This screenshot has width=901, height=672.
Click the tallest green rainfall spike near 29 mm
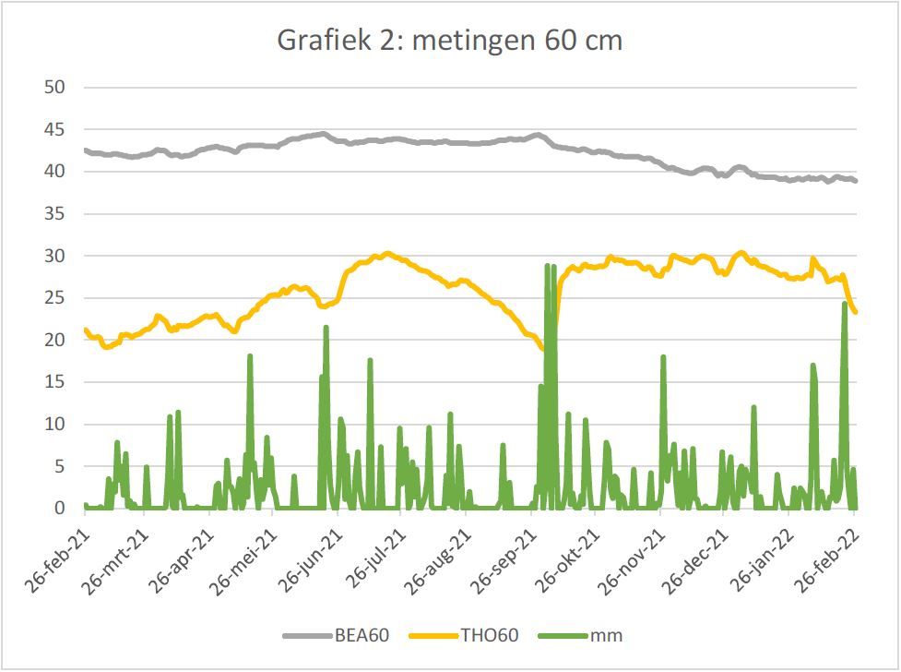point(549,267)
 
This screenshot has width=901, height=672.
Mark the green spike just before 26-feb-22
point(845,304)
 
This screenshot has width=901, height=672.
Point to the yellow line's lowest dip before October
point(542,348)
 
